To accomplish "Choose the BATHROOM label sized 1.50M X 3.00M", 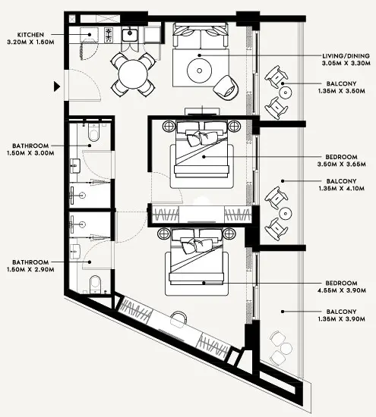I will (30, 144).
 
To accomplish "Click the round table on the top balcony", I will (285, 92).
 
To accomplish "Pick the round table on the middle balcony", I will (284, 212).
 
